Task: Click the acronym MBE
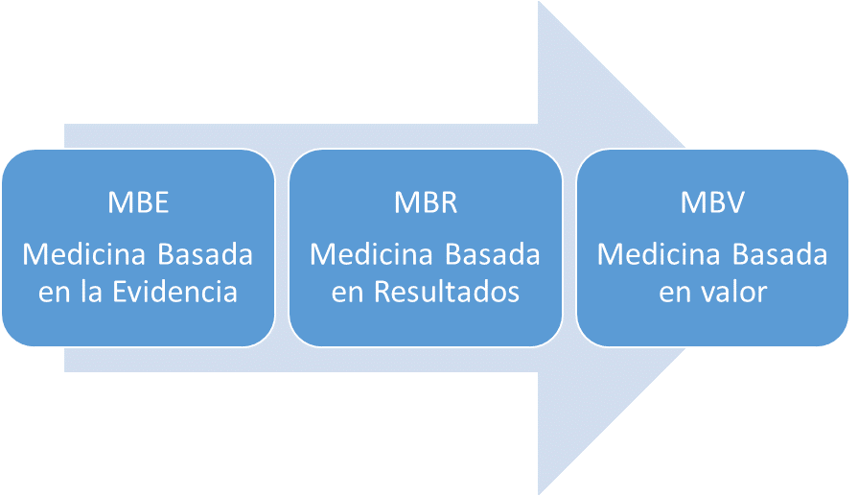tap(138, 202)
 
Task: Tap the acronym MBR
tap(426, 202)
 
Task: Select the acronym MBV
tap(712, 202)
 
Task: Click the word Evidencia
tap(175, 292)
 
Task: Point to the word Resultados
tap(447, 292)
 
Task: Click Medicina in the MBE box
tap(83, 254)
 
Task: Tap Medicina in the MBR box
tap(371, 254)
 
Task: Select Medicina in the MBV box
tap(659, 254)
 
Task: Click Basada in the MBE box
tap(205, 254)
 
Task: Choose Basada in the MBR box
tap(493, 254)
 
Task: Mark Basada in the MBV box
tap(779, 254)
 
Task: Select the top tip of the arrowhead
tap(539, 2)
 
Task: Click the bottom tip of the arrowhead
tap(539, 494)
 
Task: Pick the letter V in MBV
tap(734, 202)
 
